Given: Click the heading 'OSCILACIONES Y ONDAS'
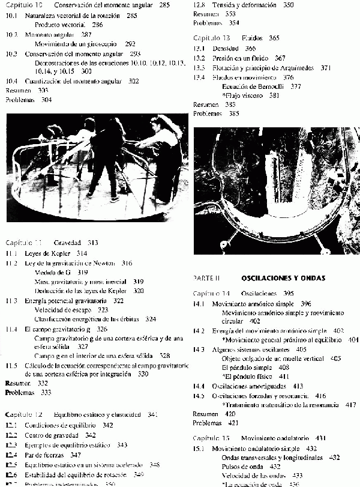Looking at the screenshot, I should point(283,278).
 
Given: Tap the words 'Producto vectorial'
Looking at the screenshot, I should point(60,25).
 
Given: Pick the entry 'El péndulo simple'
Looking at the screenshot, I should point(247,367).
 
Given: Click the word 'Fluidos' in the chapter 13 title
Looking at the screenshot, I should point(252,38).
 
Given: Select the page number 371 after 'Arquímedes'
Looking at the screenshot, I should point(326,68).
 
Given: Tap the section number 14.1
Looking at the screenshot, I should point(199,304).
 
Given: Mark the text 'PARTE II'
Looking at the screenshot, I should point(206,279).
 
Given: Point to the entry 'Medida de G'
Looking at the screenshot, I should point(53,272).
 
